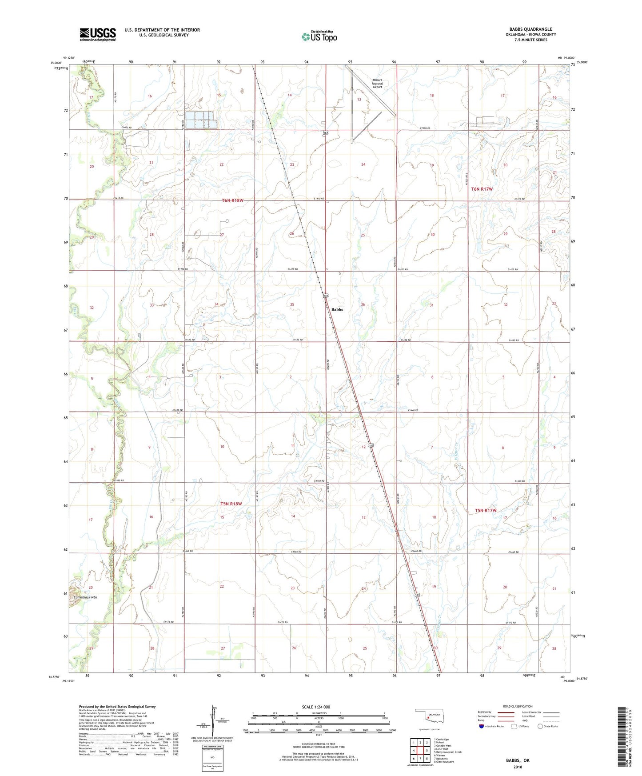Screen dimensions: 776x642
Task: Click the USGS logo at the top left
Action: [x=98, y=34]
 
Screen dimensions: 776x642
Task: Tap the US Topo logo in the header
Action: [x=319, y=36]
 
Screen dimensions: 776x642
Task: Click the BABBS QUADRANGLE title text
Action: [x=530, y=29]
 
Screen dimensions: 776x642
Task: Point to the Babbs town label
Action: [x=337, y=309]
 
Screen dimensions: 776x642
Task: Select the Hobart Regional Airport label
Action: [x=377, y=84]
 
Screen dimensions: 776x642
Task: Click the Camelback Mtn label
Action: [x=85, y=597]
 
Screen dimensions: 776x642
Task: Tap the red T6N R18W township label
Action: [x=233, y=200]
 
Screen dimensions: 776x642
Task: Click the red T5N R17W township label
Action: [x=485, y=511]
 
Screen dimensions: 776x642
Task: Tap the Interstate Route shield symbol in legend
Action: [x=481, y=726]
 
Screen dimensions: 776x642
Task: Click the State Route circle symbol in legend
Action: [x=540, y=726]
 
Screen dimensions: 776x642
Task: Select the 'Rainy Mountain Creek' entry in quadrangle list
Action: [x=449, y=752]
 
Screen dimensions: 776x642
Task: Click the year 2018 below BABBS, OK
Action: [x=518, y=767]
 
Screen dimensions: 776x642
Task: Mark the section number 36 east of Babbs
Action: [x=363, y=304]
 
